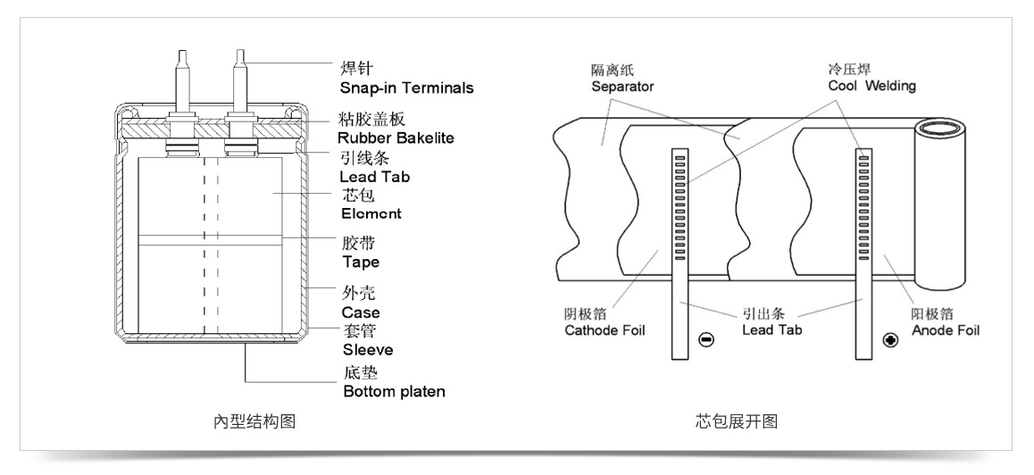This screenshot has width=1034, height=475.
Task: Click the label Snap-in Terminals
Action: point(406,88)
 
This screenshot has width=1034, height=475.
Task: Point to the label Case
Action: point(360,312)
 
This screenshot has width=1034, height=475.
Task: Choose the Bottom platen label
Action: point(394,392)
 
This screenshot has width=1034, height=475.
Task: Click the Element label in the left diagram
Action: point(370,214)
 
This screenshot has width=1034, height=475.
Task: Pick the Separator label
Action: point(622,87)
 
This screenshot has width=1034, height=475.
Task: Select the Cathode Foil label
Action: point(605,330)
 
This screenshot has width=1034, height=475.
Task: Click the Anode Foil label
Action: point(946,330)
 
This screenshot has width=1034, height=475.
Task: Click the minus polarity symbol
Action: point(705,340)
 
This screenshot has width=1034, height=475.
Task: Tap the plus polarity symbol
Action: point(889,340)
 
